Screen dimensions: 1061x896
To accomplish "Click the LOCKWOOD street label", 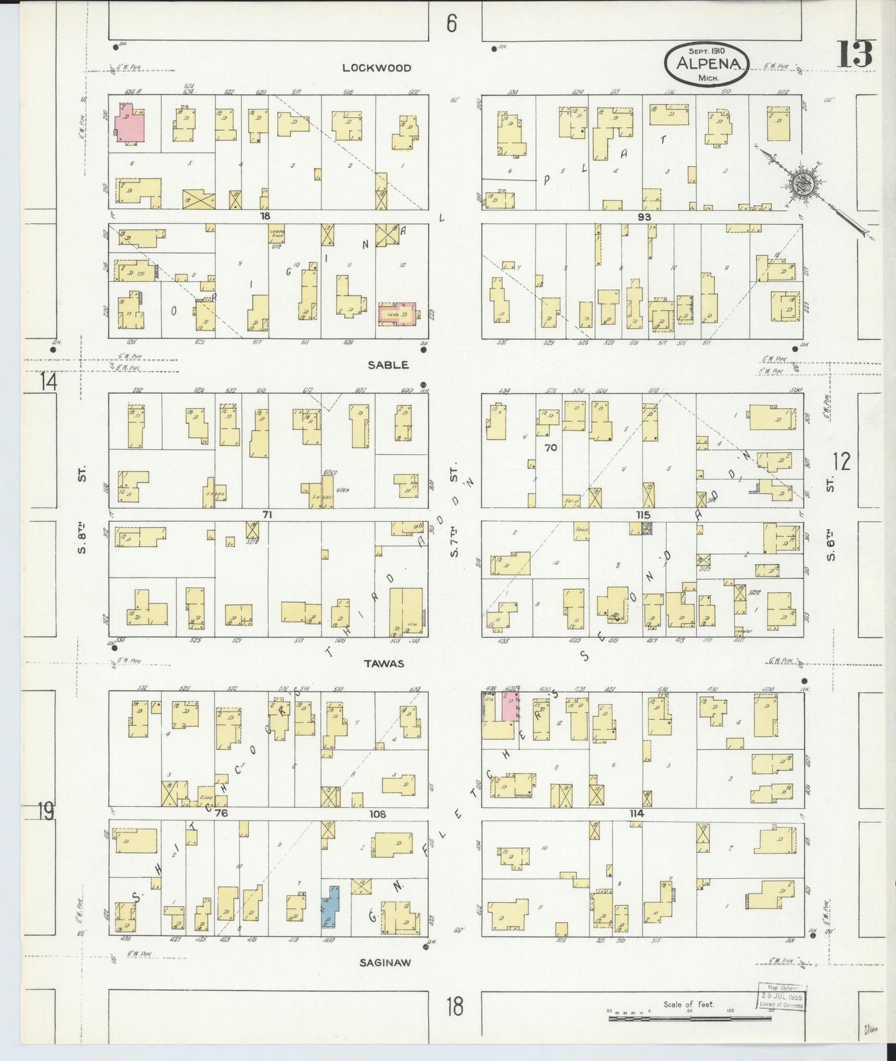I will [376, 68].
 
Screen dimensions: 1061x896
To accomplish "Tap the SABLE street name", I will [388, 365].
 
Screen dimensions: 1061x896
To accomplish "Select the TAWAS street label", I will [384, 663].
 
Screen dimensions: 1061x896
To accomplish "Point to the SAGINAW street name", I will [385, 962].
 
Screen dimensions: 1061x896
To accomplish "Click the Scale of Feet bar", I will [688, 1018].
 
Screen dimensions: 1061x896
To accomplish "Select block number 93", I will [644, 217].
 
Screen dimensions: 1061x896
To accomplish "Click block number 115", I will [642, 515].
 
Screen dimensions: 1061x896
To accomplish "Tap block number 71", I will [267, 515].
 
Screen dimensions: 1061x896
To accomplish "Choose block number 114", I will [637, 813].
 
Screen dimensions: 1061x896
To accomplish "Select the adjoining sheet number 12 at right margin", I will [841, 462].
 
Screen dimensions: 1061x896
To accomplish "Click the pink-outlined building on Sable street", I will [396, 314].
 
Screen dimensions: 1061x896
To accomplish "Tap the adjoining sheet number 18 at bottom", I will [455, 1006].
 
